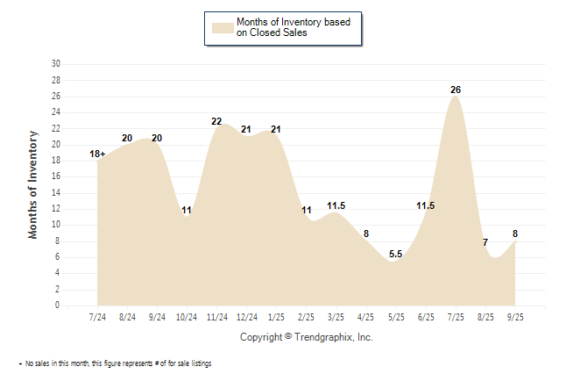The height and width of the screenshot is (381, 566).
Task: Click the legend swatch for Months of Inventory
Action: click(x=223, y=27)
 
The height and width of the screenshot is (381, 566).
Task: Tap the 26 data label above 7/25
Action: click(x=456, y=90)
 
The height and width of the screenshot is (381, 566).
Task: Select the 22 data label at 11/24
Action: click(x=217, y=121)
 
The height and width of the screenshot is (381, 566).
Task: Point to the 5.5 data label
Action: click(x=395, y=255)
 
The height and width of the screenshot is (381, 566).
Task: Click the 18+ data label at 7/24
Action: click(x=98, y=155)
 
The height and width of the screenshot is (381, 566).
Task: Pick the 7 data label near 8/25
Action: click(x=485, y=242)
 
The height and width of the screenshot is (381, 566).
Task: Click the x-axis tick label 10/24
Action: click(x=187, y=317)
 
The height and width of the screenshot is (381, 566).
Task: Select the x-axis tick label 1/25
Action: click(x=277, y=317)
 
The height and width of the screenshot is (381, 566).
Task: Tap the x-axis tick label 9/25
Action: click(x=515, y=317)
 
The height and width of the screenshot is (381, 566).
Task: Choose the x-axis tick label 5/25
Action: click(x=396, y=317)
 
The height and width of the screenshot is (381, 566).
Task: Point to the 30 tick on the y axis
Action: click(x=56, y=64)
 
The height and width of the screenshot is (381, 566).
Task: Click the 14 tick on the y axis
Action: click(x=56, y=193)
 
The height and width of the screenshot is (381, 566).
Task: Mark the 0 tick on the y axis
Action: click(x=58, y=306)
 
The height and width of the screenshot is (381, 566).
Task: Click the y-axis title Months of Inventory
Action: click(x=33, y=184)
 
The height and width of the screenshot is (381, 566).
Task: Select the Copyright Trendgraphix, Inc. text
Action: click(x=306, y=337)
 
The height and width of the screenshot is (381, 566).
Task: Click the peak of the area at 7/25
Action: click(x=456, y=97)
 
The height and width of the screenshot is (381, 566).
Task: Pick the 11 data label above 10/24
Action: click(x=187, y=211)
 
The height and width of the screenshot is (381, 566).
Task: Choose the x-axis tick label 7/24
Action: click(x=98, y=317)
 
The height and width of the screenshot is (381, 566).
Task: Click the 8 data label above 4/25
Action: click(x=366, y=234)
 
